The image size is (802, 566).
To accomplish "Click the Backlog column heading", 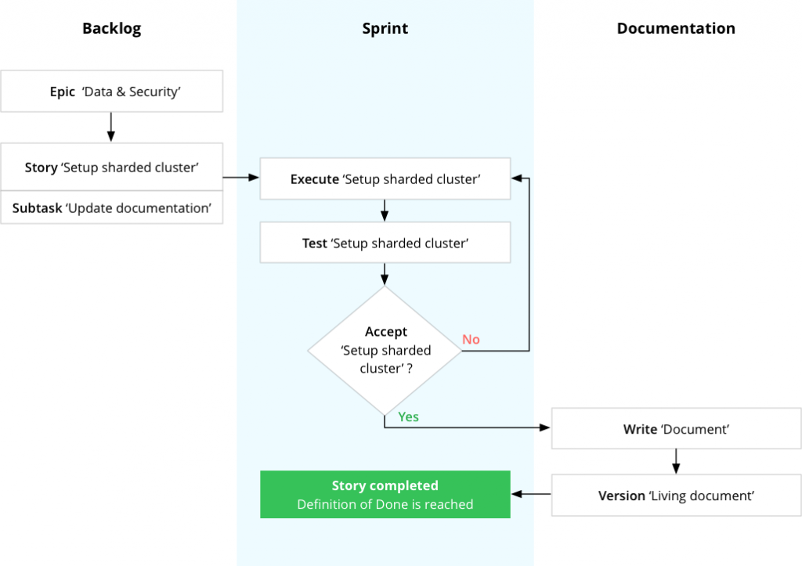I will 111,29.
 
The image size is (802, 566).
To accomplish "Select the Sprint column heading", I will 385,29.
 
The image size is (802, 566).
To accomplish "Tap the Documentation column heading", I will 675,29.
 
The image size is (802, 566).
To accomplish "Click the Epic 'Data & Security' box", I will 111,92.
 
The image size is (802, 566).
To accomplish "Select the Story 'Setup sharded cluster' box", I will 111,168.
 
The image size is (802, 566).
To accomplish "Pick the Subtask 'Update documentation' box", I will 111,208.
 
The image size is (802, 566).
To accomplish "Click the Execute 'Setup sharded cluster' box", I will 385,179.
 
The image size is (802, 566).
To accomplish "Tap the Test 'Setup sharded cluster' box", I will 385,243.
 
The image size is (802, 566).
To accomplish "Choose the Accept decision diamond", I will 385,350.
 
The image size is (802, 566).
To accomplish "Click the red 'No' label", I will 471,339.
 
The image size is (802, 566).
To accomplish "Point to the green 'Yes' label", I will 408,416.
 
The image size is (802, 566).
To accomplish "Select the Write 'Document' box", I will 675,430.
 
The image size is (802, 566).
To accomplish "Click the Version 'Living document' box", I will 675,496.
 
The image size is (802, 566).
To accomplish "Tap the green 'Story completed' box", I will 385,495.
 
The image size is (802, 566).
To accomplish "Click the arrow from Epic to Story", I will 110,127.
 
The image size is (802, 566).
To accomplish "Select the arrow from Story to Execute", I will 240,178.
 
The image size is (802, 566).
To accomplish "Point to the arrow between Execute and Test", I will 385,211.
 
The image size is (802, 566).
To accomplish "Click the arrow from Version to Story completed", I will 531,495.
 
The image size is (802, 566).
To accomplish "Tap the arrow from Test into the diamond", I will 385,274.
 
